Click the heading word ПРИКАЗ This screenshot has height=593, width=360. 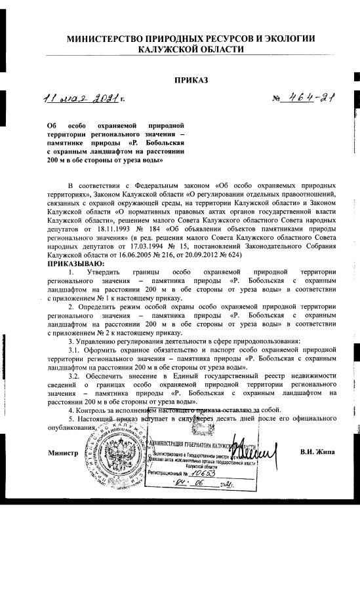click(x=191, y=80)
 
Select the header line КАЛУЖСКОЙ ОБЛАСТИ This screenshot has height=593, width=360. click(x=191, y=50)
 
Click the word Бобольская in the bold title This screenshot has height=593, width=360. click(x=148, y=142)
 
